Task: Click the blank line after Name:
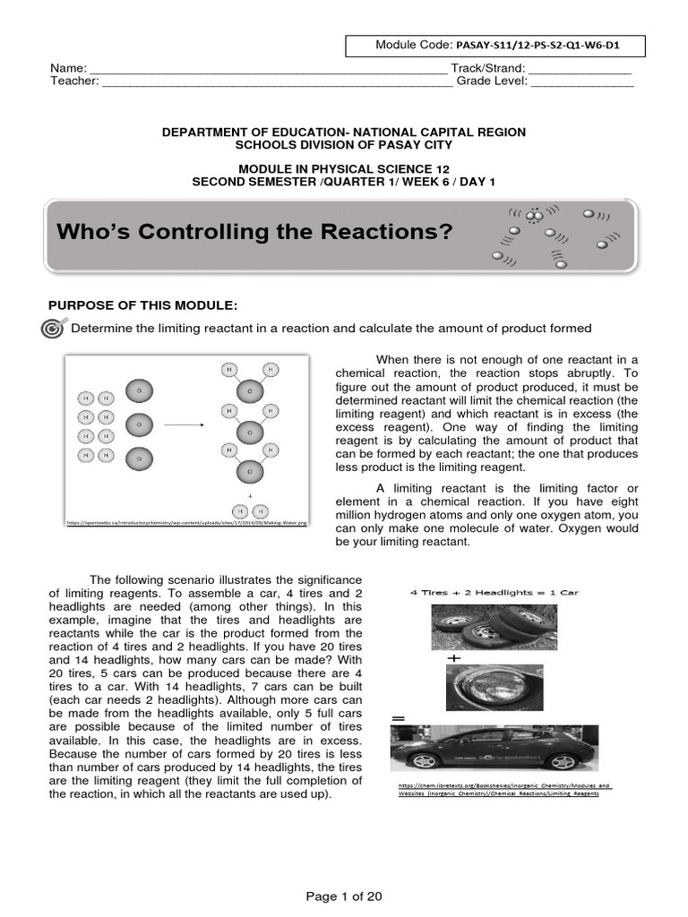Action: pos(268,70)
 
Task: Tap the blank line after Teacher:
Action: pos(279,83)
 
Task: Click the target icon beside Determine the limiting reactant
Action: pos(54,329)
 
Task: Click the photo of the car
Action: pos(494,748)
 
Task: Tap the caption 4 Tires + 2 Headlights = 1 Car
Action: pos(494,592)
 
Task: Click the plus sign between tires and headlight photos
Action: pos(464,657)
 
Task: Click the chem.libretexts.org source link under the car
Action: pos(504,790)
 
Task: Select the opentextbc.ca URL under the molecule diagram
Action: pos(186,521)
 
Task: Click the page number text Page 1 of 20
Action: pos(344,896)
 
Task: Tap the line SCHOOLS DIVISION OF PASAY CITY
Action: pos(344,145)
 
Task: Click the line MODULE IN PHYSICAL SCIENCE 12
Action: pos(344,168)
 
